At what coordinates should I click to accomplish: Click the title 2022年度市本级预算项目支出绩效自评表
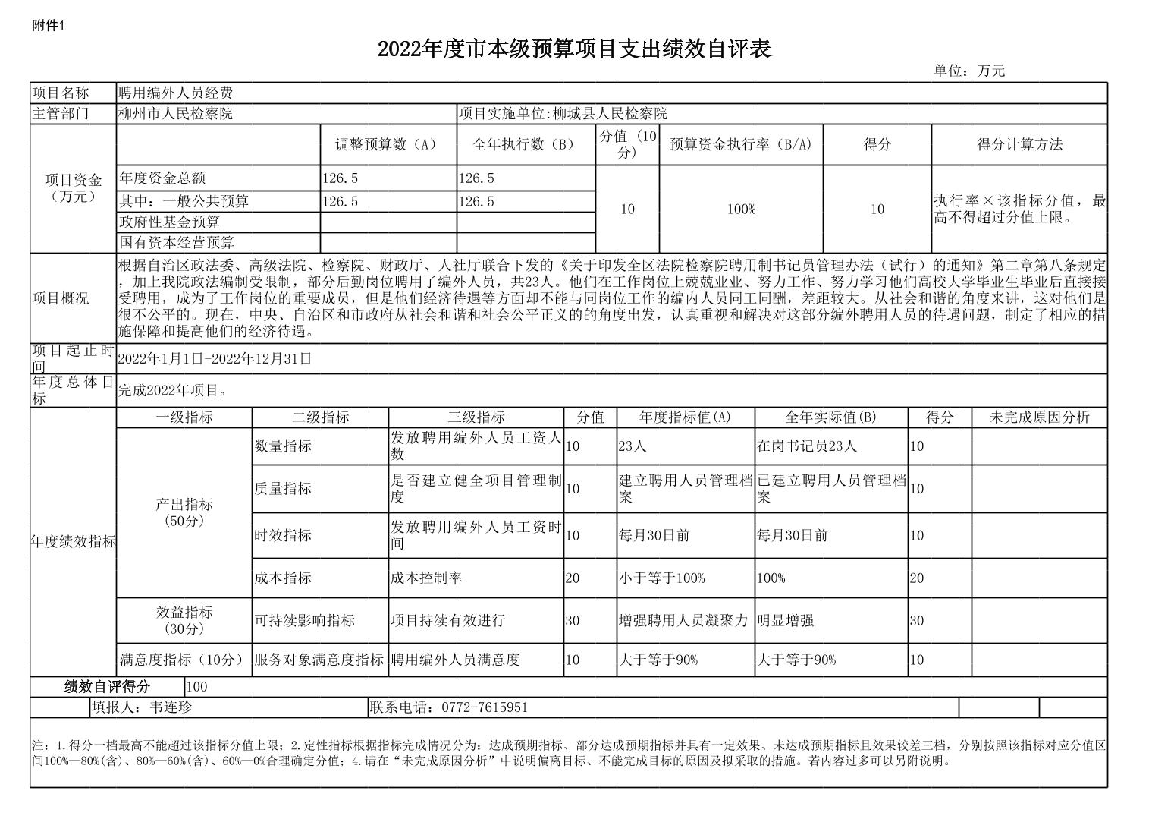pos(574,49)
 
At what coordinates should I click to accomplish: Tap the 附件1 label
pos(49,26)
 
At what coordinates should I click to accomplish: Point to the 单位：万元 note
pos(968,71)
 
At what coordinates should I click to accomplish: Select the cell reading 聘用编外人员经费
pos(175,93)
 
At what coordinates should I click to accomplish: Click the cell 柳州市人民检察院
pos(175,114)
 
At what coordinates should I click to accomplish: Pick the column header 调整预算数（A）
pos(388,144)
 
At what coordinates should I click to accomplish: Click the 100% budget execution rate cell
pos(741,209)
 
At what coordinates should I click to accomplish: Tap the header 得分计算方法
pos(1019,144)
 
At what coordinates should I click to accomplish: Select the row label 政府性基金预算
pos(170,222)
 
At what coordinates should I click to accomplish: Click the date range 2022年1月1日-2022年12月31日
pos(215,359)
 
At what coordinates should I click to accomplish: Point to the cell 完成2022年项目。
pos(173,391)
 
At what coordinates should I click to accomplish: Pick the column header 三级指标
pos(476,417)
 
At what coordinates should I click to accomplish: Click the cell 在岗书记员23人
pos(806,446)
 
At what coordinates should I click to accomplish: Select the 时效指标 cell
pos(283,535)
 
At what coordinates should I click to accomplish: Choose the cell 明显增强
pos(785,620)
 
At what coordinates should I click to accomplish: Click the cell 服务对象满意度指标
pos(319,660)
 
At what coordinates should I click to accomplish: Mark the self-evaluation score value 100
pos(196,687)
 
